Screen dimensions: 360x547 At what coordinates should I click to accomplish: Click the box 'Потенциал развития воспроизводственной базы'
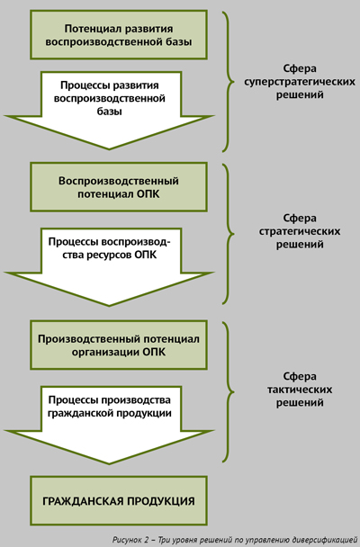click(x=119, y=35)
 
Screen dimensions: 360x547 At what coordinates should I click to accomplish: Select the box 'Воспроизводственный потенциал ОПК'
click(x=119, y=187)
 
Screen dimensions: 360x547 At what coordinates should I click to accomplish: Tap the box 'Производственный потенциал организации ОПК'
click(x=119, y=345)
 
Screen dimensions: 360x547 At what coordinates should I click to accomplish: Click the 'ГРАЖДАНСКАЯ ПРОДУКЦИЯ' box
click(x=119, y=501)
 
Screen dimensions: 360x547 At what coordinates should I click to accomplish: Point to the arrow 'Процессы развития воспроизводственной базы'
click(x=109, y=111)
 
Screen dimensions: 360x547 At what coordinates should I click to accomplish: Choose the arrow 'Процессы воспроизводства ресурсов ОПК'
click(x=109, y=267)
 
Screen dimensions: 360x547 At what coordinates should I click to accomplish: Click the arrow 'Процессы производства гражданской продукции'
click(x=109, y=425)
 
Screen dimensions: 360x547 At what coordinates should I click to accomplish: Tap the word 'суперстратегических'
click(x=300, y=82)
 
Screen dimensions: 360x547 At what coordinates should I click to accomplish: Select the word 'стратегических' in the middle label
click(x=300, y=231)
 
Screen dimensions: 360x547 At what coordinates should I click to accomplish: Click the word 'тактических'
click(x=300, y=390)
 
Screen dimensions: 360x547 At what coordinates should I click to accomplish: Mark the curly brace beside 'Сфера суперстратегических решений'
click(x=229, y=82)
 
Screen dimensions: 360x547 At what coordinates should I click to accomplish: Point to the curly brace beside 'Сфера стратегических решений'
click(x=229, y=234)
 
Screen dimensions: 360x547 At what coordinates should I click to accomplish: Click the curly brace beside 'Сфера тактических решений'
click(x=229, y=391)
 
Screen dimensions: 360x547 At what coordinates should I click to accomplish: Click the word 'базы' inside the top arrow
click(x=109, y=112)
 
